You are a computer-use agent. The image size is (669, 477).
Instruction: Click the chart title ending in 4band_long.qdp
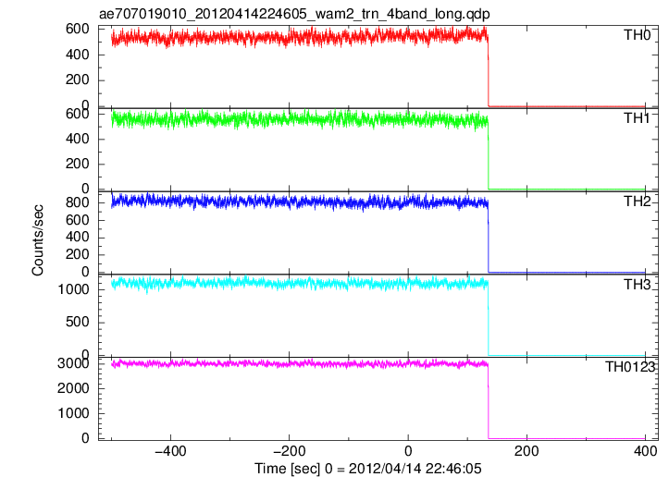click(x=294, y=14)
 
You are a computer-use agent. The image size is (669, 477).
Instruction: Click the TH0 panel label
click(x=637, y=35)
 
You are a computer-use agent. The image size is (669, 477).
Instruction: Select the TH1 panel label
click(x=637, y=118)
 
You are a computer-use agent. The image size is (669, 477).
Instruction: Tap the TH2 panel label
click(x=637, y=202)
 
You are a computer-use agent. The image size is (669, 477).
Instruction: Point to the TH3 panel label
click(x=637, y=285)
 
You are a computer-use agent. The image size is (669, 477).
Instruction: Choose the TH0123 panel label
click(x=630, y=367)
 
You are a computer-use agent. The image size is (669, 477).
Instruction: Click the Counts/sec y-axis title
click(x=38, y=240)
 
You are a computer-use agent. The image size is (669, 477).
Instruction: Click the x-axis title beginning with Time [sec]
click(x=367, y=469)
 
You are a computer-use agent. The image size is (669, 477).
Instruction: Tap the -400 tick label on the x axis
click(x=170, y=451)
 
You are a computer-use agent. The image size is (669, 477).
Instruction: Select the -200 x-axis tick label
click(x=289, y=451)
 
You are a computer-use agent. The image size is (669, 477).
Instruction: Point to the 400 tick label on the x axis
click(x=645, y=451)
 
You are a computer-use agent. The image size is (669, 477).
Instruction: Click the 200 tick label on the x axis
click(x=527, y=451)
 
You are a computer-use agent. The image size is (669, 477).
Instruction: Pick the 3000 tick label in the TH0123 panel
click(x=73, y=363)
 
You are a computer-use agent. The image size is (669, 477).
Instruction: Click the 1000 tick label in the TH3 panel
click(x=73, y=290)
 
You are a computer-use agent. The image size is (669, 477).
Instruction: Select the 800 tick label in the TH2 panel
click(x=77, y=202)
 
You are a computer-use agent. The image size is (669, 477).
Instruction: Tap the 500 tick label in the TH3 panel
click(x=77, y=323)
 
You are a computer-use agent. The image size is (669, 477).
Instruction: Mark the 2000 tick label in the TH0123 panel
click(x=73, y=388)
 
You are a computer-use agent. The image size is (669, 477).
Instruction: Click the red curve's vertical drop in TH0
click(x=488, y=70)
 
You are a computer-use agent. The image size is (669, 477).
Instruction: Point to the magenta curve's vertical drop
click(x=488, y=400)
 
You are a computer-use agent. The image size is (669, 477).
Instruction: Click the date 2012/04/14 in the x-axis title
click(x=384, y=469)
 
